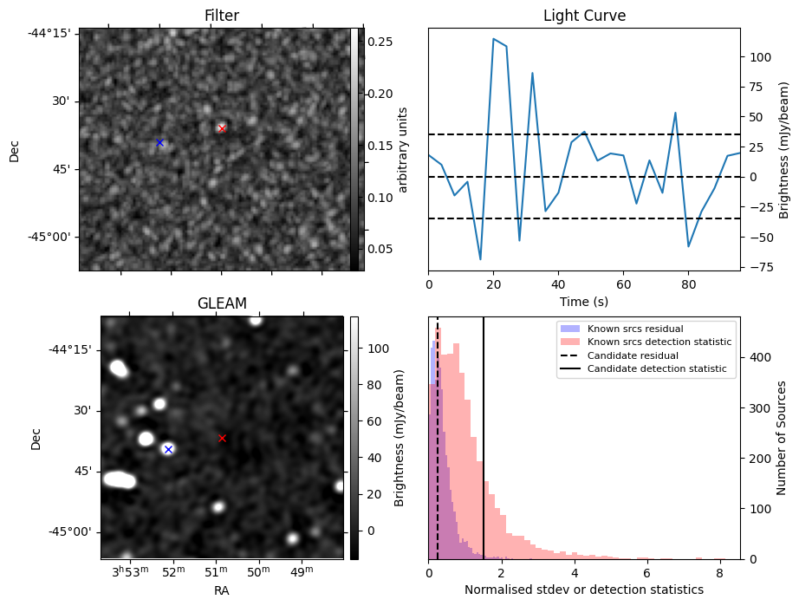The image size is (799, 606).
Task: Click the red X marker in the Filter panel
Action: point(222,128)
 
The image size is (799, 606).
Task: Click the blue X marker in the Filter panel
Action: point(159,142)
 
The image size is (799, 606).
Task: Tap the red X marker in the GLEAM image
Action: point(222,438)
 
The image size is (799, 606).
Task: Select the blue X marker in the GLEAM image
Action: point(168,449)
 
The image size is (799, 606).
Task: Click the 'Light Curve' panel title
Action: point(584,16)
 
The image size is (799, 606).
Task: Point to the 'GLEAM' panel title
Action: point(222,303)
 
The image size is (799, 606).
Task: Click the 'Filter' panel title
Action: point(222,16)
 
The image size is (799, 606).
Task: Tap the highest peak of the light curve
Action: point(493,39)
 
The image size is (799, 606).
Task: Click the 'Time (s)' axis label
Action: point(584,301)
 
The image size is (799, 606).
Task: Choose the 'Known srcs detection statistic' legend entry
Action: point(659,342)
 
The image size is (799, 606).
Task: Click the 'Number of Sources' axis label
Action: point(783,437)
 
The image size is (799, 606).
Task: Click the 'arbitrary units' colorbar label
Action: point(404,149)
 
